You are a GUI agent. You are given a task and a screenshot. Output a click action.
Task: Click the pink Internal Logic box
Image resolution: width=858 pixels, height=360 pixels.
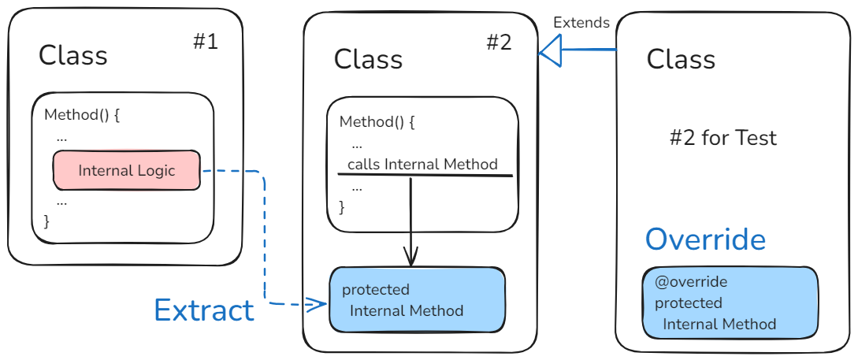click(126, 170)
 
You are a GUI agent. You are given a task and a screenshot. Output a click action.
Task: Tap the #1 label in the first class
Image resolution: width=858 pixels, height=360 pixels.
click(206, 42)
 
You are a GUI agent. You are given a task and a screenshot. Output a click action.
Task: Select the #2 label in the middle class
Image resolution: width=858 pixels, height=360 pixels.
click(499, 42)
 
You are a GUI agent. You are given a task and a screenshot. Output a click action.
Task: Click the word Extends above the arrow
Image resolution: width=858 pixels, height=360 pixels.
click(581, 22)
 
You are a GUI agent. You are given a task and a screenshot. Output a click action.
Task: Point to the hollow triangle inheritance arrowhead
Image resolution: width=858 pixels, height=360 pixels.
click(549, 52)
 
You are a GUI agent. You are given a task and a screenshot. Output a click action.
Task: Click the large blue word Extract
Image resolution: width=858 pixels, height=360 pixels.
click(204, 310)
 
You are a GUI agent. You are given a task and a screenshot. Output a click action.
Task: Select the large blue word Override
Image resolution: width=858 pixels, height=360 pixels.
click(705, 239)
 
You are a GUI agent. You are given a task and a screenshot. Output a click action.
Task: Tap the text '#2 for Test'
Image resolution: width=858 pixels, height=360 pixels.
click(722, 139)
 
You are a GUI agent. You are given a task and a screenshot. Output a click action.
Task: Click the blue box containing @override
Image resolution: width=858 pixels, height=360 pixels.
click(730, 302)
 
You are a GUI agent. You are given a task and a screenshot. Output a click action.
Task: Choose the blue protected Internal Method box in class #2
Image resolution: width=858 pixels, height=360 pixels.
click(417, 300)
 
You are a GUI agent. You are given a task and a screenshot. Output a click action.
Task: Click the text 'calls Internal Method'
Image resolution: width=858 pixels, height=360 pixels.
click(422, 164)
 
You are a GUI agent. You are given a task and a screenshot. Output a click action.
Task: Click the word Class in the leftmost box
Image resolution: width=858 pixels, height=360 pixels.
click(73, 55)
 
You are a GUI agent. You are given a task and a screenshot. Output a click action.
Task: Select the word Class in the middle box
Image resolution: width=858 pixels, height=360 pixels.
click(368, 59)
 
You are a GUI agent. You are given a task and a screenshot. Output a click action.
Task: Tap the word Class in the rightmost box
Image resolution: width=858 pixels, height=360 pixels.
click(681, 59)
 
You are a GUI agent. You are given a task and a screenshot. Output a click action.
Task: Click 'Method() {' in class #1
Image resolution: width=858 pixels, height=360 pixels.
click(82, 114)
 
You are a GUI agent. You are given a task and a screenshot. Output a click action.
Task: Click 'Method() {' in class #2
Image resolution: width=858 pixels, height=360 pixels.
click(377, 122)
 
